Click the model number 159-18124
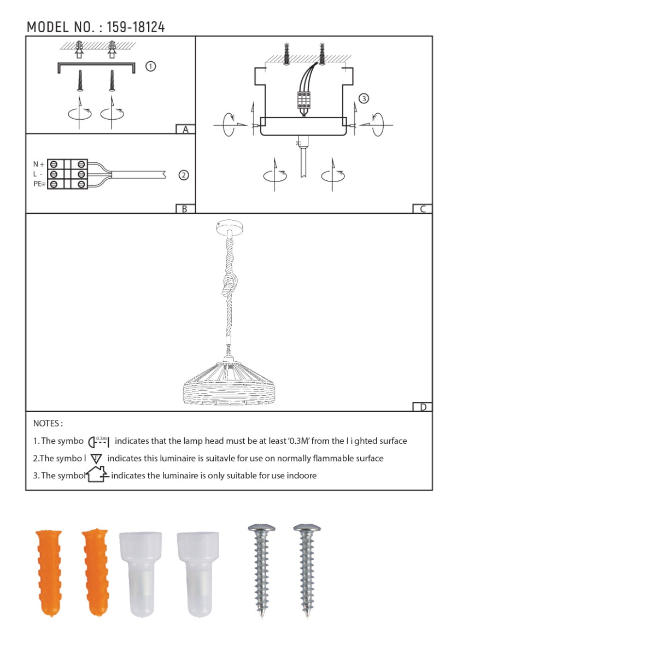136,27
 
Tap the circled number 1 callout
151,66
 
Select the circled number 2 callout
184,175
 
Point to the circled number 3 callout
364,98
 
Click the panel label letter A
185,130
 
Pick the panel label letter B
185,209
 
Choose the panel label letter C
423,209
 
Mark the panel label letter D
423,407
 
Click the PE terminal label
39,184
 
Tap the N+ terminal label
38,164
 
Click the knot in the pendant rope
230,284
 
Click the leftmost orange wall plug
49,572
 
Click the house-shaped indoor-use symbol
97,474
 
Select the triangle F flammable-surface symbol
96,459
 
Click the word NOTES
48,423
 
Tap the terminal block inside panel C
304,101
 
